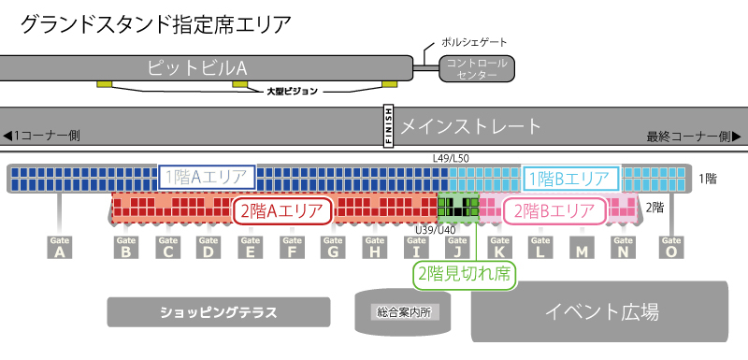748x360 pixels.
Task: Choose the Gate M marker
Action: [583, 248]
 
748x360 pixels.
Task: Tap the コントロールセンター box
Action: [478, 68]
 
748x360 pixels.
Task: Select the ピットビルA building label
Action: [196, 67]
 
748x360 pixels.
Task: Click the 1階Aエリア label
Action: [207, 177]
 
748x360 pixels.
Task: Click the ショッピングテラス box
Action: [219, 311]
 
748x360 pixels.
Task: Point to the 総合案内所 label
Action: [400, 311]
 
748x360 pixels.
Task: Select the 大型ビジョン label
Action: [293, 92]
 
